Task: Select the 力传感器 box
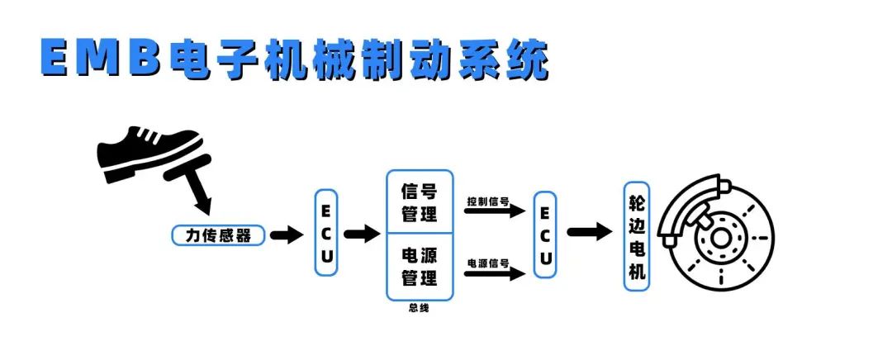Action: tap(219, 235)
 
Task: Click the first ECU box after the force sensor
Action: tap(327, 233)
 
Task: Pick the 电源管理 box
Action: tap(420, 266)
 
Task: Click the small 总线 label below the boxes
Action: tap(419, 309)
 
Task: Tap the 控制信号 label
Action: tap(487, 201)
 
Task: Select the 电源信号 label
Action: tap(487, 263)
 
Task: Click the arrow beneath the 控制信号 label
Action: tap(495, 212)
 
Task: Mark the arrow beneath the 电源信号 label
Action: tap(495, 274)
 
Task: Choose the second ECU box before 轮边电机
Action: tap(545, 234)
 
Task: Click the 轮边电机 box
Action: tap(637, 236)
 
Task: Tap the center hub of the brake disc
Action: tap(720, 240)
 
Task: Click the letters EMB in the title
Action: tap(98, 59)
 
